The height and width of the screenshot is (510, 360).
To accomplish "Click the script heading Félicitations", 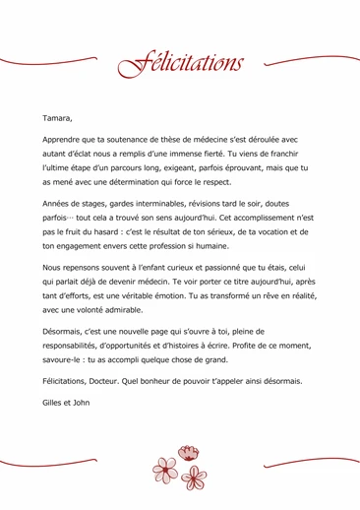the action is click(180, 64).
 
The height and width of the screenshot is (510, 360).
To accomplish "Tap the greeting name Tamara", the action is click(58, 118).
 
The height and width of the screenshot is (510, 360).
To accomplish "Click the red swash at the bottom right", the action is click(313, 462).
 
